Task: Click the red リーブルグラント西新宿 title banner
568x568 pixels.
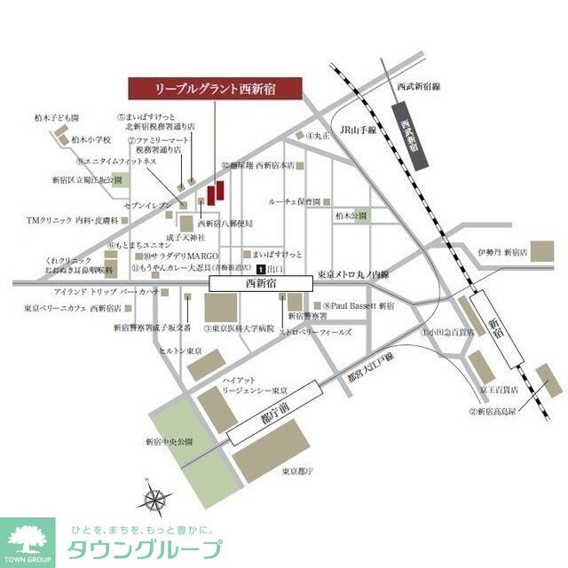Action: (216, 89)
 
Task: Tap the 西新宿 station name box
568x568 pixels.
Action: (260, 283)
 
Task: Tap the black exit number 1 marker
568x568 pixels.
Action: (260, 268)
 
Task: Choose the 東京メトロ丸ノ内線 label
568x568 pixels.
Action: (353, 275)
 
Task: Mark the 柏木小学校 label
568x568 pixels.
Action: (91, 139)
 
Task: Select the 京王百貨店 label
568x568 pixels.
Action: (497, 390)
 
